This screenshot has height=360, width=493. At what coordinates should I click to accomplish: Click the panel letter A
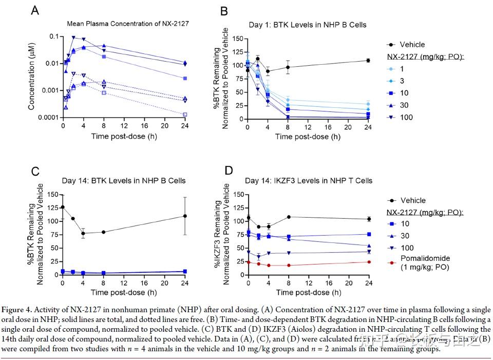tap(35, 10)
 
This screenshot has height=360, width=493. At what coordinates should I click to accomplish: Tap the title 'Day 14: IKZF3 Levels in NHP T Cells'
tap(309, 181)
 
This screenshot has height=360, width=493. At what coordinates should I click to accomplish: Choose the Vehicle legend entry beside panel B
tap(412, 45)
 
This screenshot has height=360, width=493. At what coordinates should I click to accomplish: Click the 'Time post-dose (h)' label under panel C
tap(123, 292)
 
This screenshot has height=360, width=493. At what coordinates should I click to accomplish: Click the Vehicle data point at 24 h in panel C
tap(185, 216)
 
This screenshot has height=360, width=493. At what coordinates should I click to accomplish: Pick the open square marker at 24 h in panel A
tap(185, 114)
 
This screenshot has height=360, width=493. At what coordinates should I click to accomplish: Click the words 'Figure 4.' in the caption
tap(17, 310)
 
